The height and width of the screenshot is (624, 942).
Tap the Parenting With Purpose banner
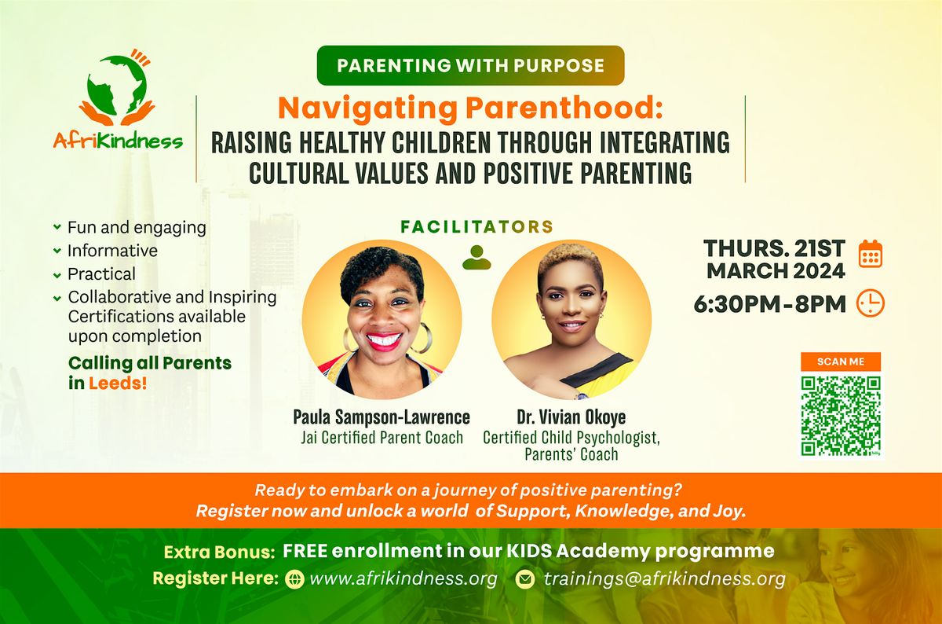[x=470, y=65]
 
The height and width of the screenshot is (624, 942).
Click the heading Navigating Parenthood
[x=470, y=108]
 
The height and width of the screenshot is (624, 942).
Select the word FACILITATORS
[x=476, y=227]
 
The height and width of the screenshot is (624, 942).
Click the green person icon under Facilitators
[x=476, y=257]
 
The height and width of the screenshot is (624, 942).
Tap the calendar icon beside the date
[x=871, y=255]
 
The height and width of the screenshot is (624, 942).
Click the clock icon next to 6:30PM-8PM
[x=871, y=303]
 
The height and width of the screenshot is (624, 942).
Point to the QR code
[x=841, y=416]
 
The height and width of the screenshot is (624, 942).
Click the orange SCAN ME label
[x=841, y=362]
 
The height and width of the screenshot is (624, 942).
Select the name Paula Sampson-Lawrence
[x=382, y=417]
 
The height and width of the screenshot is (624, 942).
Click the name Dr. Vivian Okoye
[x=571, y=417]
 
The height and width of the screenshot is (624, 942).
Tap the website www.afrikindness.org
[x=403, y=579]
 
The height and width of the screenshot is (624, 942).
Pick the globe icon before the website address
[x=295, y=580]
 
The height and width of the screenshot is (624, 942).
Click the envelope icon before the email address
[x=525, y=580]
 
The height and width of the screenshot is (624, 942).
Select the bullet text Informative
[x=112, y=251]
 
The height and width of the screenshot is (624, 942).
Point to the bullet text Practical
[x=101, y=273]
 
